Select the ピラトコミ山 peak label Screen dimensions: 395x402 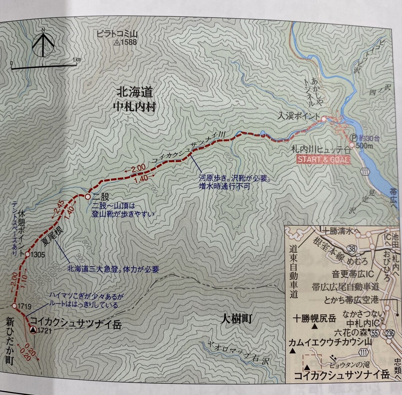pyautogui.click(x=117, y=34)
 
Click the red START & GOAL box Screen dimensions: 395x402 pyautogui.click(x=323, y=160)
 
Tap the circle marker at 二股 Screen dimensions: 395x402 pyautogui.click(x=88, y=197)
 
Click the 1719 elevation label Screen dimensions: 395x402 pyautogui.click(x=24, y=305)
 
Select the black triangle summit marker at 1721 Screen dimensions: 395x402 pyautogui.click(x=33, y=330)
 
